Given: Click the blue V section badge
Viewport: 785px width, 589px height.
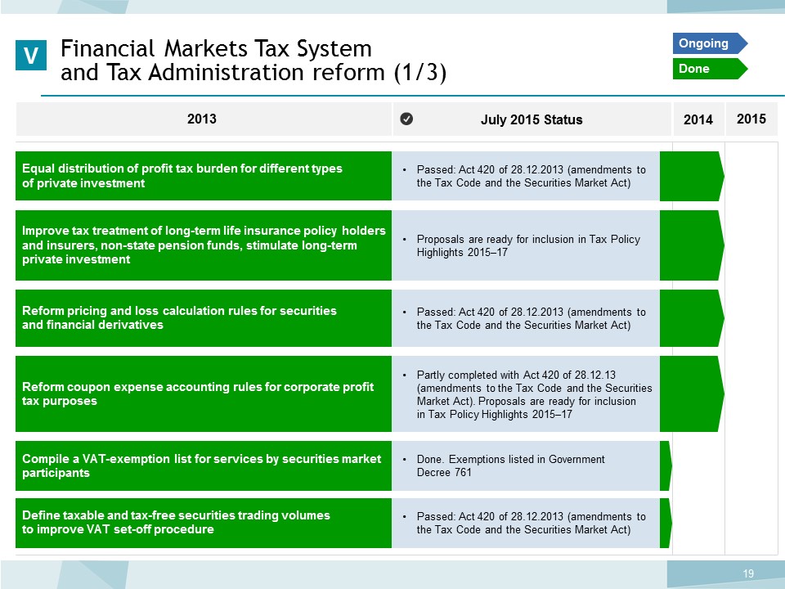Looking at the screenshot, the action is point(31,55).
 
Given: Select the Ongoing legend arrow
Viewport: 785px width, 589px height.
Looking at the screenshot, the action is point(710,43).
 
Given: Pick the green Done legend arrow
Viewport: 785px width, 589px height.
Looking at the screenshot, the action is point(710,69).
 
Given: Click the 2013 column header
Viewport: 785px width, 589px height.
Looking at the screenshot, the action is point(202,119).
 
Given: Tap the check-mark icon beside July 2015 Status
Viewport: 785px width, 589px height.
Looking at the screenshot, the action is point(406,119).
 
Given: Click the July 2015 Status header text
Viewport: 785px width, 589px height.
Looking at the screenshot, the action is point(532,119).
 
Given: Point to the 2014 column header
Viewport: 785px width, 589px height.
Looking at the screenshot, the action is point(698,119).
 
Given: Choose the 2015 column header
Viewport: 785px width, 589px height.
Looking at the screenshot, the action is point(751,119).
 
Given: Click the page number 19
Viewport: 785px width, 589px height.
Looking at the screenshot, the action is point(748,573).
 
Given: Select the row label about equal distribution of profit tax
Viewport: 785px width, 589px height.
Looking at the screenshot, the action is point(182,176).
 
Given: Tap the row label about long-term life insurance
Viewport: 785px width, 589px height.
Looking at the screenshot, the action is point(204,245).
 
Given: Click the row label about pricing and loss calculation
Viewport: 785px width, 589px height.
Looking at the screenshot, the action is point(179,317).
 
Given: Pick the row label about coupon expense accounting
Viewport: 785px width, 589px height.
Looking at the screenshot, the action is point(198,393).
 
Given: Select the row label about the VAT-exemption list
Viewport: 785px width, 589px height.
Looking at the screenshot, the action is point(202,465).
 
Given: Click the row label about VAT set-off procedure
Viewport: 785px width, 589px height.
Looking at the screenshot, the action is point(177,523).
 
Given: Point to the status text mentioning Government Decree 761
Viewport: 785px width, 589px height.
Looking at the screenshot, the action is point(510,465).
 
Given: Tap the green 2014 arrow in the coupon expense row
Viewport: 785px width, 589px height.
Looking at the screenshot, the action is point(692,393).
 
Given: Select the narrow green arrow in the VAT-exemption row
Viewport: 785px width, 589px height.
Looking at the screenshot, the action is point(666,465).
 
